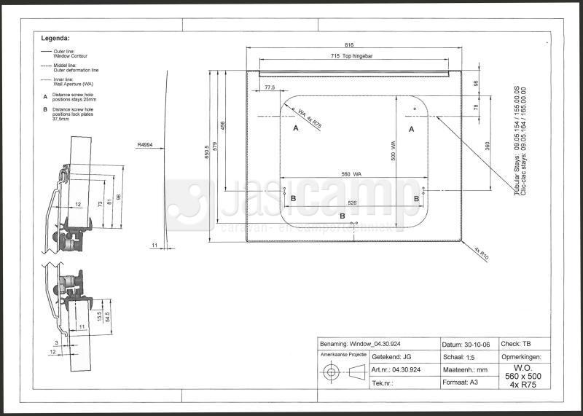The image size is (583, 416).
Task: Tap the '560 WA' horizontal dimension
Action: coord(352,174)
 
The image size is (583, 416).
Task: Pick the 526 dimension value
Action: coord(353,203)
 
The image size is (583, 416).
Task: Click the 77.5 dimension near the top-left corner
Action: coord(270,87)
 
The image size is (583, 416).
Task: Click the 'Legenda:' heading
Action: coord(55,37)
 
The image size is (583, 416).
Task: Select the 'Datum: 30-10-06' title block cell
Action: coord(466,344)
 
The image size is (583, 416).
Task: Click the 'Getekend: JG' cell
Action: coord(394,357)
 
